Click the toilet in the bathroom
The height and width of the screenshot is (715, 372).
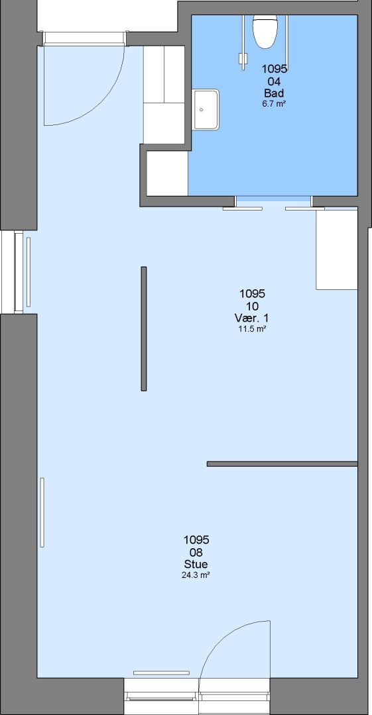(265, 31)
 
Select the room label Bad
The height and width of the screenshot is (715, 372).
(274, 93)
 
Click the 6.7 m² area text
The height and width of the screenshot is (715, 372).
(274, 103)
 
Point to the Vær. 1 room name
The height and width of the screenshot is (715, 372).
(251, 317)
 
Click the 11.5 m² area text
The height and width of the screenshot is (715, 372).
(252, 328)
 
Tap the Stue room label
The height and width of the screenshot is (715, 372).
(196, 564)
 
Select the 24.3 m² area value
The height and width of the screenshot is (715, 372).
(196, 575)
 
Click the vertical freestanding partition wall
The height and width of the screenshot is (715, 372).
(143, 329)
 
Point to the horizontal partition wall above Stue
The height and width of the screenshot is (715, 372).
(282, 463)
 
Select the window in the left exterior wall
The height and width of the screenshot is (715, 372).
(19, 272)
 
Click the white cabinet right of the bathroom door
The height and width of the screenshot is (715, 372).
(337, 250)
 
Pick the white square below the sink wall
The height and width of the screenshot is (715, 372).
(167, 173)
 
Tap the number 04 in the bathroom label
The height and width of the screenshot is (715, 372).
(274, 81)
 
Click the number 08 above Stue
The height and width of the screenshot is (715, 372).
(196, 552)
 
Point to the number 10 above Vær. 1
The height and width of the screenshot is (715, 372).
(252, 306)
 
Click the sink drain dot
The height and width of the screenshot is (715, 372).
(201, 110)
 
